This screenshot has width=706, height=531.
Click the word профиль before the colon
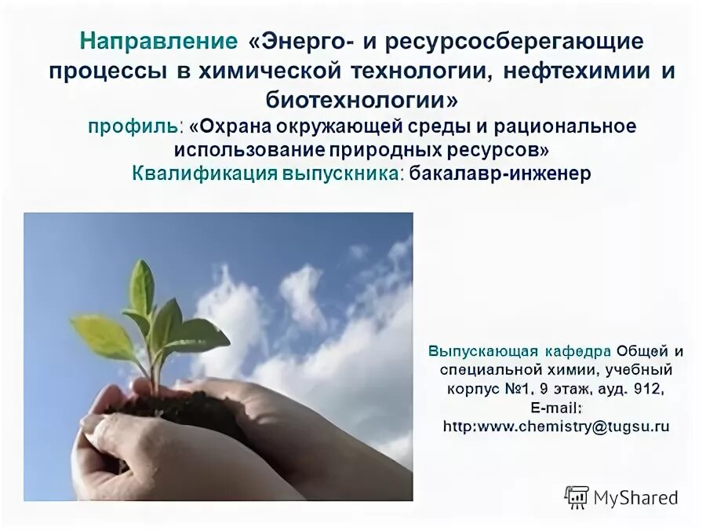tap(133, 126)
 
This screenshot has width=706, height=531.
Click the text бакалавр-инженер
tap(500, 174)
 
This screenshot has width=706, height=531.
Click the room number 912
tap(647, 389)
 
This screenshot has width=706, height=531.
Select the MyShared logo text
tap(635, 496)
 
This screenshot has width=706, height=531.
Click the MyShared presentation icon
tap(577, 496)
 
